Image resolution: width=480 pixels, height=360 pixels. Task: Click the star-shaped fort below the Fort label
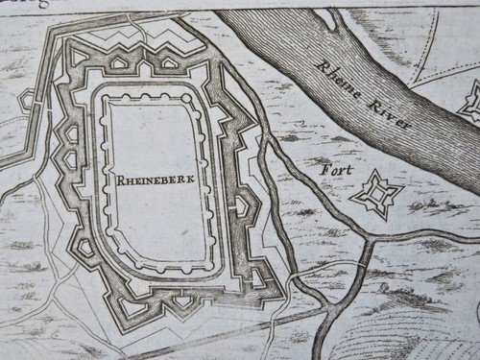pos(375,195)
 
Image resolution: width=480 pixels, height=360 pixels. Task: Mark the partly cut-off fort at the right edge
pos(471,101)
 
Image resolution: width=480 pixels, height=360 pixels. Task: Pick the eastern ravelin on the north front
pos(168,62)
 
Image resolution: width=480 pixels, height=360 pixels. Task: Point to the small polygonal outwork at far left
pos(26,98)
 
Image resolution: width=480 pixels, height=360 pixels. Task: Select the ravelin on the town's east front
pos(244,204)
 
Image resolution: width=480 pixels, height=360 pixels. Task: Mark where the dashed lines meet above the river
pos(420,77)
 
